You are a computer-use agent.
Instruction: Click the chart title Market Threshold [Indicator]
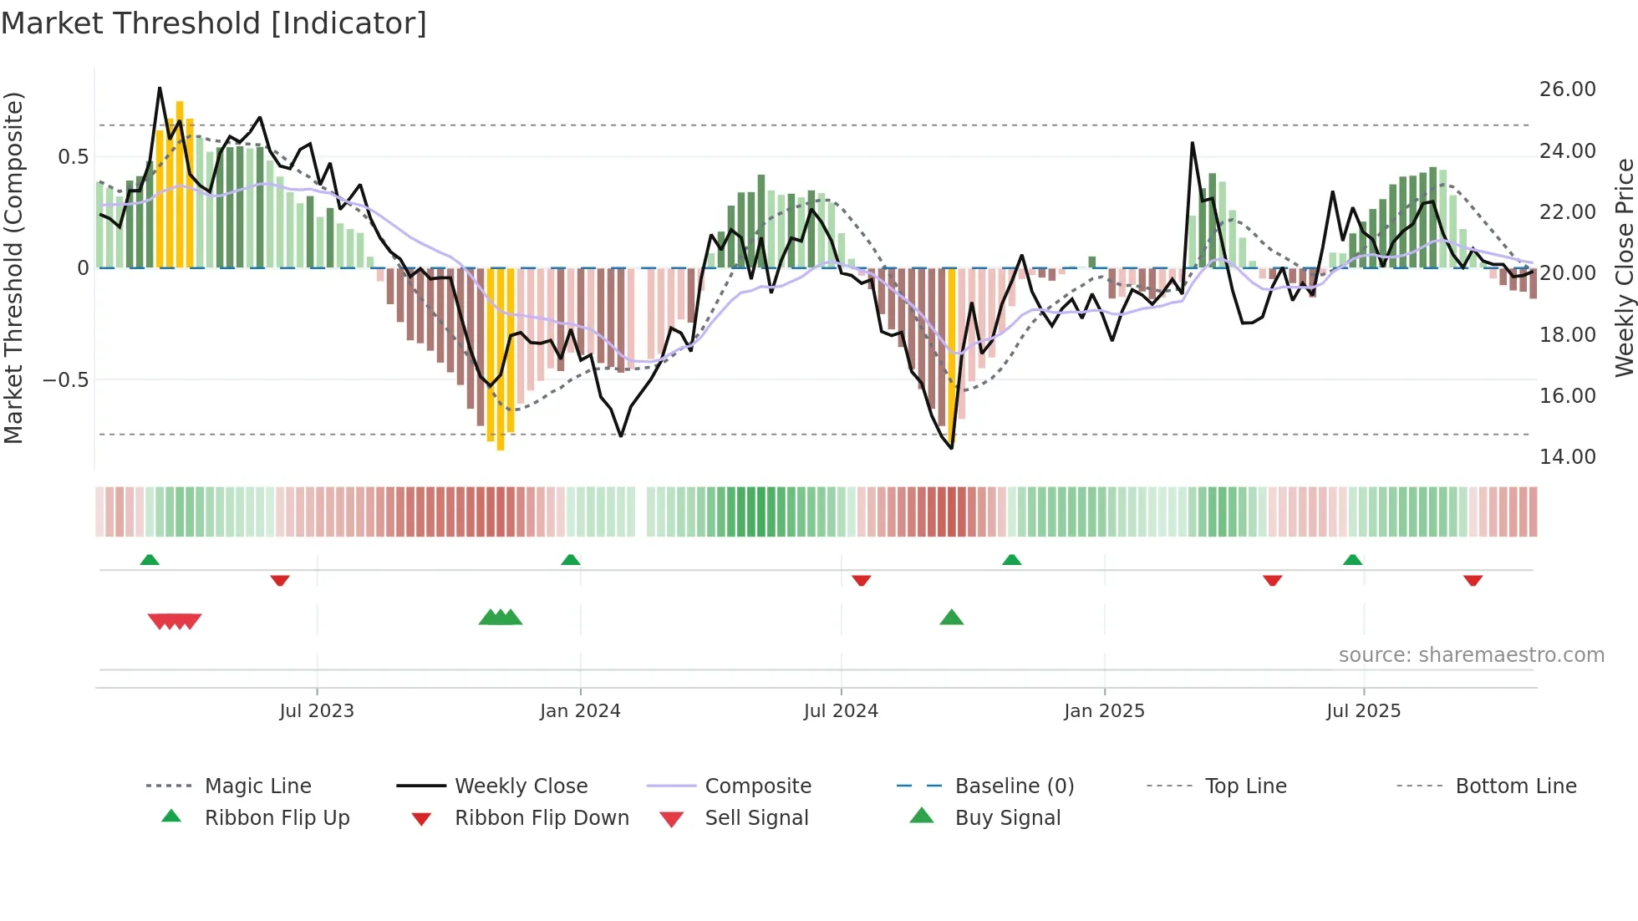pyautogui.click(x=214, y=23)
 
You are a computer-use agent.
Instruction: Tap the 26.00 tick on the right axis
pyautogui.click(x=1567, y=89)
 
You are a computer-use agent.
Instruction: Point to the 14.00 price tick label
pyautogui.click(x=1567, y=457)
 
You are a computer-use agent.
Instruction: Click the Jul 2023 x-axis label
pyautogui.click(x=317, y=711)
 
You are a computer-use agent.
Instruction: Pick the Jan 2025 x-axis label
pyautogui.click(x=1104, y=711)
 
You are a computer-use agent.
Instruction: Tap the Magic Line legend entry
pyautogui.click(x=257, y=786)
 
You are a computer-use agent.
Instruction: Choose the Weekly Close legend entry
pyautogui.click(x=521, y=786)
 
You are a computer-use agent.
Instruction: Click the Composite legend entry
pyautogui.click(x=758, y=786)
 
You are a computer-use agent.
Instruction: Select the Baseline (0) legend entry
pyautogui.click(x=1014, y=786)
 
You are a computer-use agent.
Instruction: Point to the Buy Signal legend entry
pyautogui.click(x=1007, y=818)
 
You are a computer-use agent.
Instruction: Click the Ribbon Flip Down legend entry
pyautogui.click(x=542, y=818)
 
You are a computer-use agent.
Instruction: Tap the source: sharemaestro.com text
pyautogui.click(x=1471, y=655)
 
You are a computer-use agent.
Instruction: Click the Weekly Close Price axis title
pyautogui.click(x=1624, y=267)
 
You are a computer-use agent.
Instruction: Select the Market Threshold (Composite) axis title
pyautogui.click(x=14, y=267)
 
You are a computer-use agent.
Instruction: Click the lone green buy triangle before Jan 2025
pyautogui.click(x=951, y=618)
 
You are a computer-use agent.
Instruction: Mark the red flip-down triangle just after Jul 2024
pyautogui.click(x=861, y=580)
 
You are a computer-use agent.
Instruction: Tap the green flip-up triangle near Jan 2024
pyautogui.click(x=571, y=560)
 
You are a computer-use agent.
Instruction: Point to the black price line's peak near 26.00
pyautogui.click(x=160, y=89)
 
